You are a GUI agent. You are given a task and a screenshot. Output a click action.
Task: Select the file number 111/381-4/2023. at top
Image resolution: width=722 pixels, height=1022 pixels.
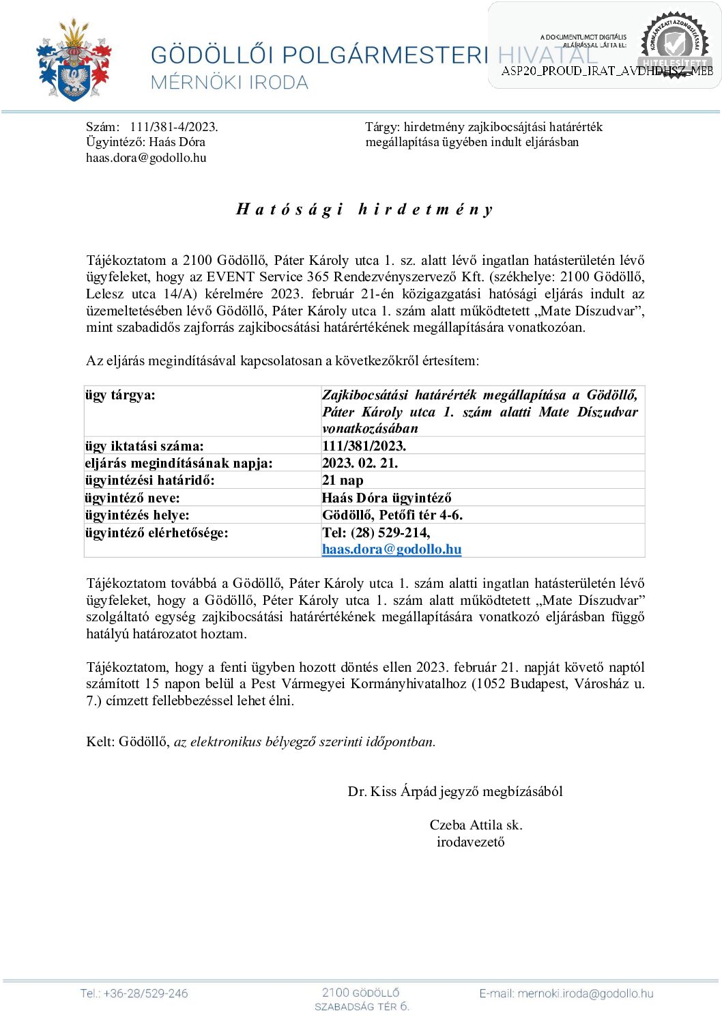(173, 127)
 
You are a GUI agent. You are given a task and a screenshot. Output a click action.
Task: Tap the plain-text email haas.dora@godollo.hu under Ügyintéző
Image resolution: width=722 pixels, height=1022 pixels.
(146, 158)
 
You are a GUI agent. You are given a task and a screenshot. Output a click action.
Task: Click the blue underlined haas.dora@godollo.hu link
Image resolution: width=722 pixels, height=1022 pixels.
(392, 550)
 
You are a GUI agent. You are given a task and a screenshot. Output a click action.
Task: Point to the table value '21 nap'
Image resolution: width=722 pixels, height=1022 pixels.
(343, 481)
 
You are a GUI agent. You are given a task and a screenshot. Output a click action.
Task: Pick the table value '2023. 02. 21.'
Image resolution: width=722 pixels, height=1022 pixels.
(360, 464)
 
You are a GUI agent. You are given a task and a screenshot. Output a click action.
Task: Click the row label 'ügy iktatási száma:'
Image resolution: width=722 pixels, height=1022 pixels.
(144, 446)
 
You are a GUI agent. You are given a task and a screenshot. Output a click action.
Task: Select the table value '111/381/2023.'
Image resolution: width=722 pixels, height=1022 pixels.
(364, 446)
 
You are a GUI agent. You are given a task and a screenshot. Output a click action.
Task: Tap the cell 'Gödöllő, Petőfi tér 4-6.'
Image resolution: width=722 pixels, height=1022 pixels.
(392, 515)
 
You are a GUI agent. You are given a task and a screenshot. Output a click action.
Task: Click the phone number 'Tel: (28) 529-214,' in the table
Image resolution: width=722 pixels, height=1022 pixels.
(376, 533)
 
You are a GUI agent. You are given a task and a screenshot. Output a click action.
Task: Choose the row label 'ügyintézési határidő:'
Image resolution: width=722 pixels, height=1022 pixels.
(149, 481)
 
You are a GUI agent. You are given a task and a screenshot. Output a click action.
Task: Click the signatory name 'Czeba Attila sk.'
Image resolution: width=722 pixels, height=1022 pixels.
(476, 825)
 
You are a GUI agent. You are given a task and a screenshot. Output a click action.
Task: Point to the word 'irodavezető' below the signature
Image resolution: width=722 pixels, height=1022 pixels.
(471, 842)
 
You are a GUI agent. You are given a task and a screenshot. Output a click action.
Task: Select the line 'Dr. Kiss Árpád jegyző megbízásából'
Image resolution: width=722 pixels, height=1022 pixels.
(455, 792)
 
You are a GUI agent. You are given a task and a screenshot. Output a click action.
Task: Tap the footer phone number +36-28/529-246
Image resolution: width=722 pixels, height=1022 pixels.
(134, 994)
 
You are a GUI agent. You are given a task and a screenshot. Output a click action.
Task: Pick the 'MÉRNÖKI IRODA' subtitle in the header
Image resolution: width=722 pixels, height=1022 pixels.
(229, 83)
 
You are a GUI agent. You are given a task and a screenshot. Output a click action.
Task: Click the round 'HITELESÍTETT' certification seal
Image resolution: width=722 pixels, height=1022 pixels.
(675, 44)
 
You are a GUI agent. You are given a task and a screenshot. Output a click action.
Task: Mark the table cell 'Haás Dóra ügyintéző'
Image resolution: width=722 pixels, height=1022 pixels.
(386, 498)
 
